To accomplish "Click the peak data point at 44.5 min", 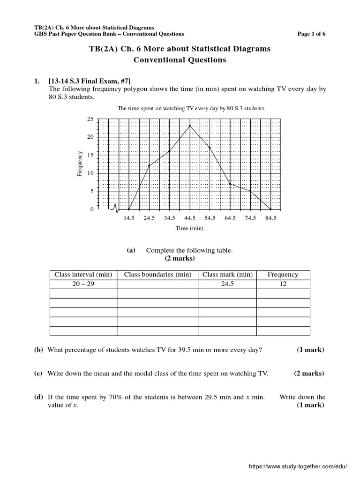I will click(x=189, y=126).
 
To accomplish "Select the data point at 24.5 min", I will click(x=149, y=165).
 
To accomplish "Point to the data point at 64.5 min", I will click(x=230, y=184).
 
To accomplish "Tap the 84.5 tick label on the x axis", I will click(x=270, y=218).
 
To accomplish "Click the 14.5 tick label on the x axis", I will click(x=129, y=218).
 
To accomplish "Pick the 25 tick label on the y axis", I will click(x=90, y=119).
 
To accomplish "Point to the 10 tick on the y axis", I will click(x=90, y=173).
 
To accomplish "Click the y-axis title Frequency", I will click(x=80, y=164).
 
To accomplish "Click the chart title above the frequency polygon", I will click(x=191, y=108).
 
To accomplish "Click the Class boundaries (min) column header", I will click(x=157, y=275).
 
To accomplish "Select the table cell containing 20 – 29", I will click(x=83, y=284).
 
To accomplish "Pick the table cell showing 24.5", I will click(x=227, y=284).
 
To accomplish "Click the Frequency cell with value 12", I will click(x=283, y=284).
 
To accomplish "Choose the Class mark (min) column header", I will click(x=227, y=275).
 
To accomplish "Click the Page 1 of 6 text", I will click(x=311, y=34).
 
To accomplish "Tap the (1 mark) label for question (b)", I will click(x=310, y=350).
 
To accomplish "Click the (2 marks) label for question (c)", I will click(x=309, y=374).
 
